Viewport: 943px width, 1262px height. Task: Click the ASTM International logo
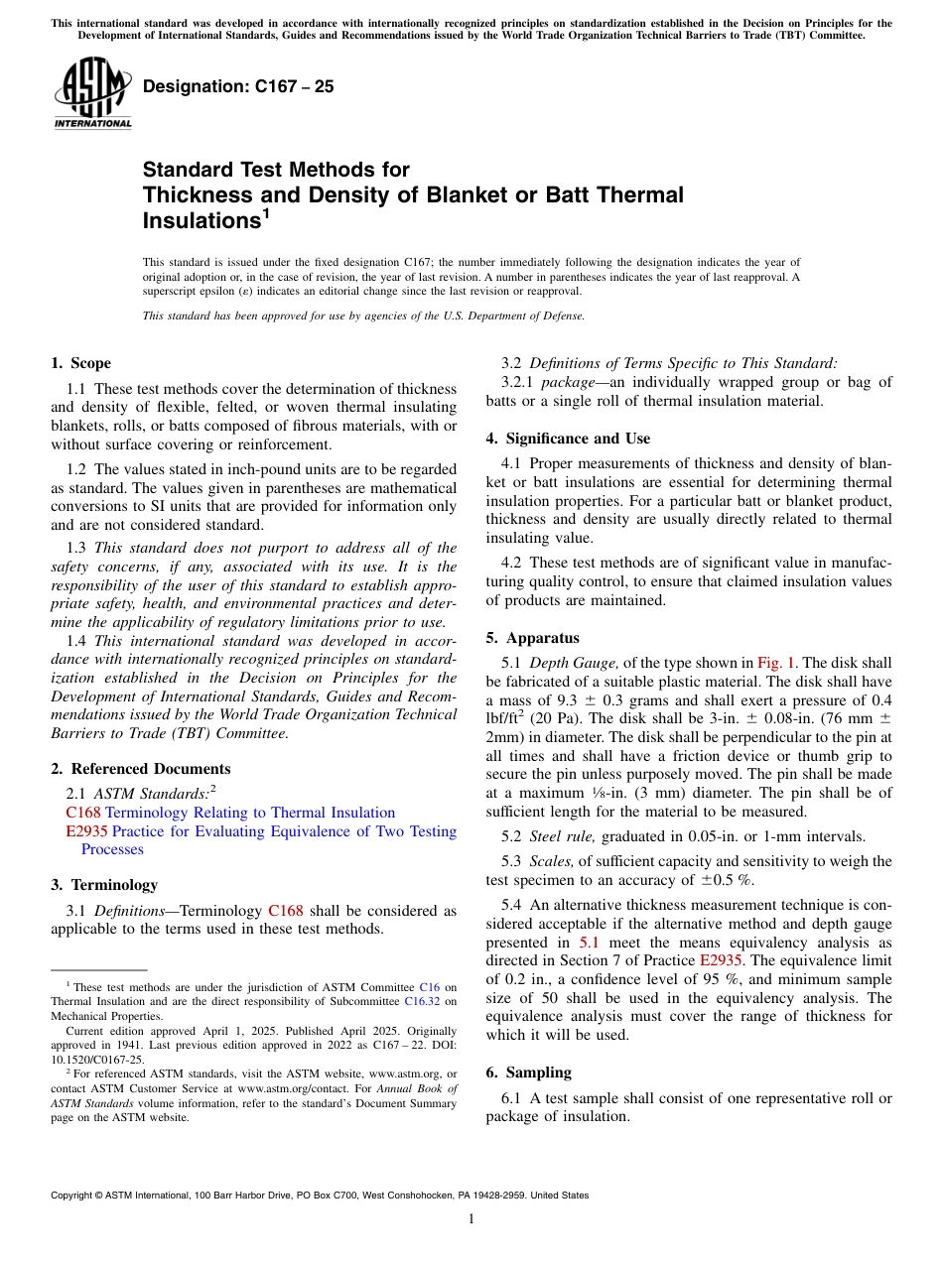click(93, 93)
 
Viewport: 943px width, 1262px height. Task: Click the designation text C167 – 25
click(238, 87)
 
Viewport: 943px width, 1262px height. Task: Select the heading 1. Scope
click(80, 363)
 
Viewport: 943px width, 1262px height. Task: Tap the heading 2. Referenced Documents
click(140, 769)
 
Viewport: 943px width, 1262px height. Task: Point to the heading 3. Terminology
click(103, 885)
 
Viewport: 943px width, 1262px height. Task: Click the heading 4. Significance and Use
click(568, 439)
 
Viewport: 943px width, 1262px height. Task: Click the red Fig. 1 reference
click(776, 664)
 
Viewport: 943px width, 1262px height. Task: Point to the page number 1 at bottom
click(471, 1219)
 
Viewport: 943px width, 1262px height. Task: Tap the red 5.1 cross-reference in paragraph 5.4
click(590, 943)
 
